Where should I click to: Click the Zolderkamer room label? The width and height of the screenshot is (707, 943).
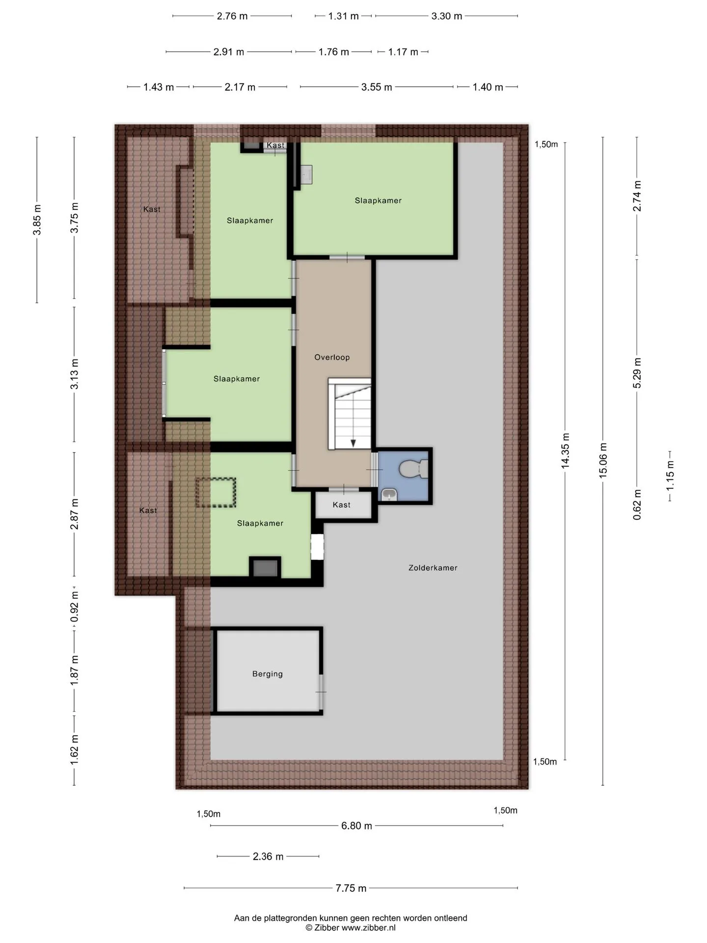click(x=433, y=568)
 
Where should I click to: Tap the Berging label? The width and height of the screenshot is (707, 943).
click(x=268, y=674)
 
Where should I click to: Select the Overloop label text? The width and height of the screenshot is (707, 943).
click(x=332, y=358)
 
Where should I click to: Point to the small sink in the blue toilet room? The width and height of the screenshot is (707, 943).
click(x=389, y=495)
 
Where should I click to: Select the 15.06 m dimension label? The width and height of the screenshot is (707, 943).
click(x=603, y=460)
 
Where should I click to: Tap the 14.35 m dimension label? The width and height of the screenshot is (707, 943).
click(x=565, y=450)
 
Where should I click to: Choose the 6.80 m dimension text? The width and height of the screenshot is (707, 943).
click(x=356, y=826)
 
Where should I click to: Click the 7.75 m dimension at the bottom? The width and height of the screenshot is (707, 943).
click(x=351, y=888)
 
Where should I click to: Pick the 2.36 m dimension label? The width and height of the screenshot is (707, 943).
click(x=268, y=857)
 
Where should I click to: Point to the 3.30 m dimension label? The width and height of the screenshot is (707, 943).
click(x=447, y=16)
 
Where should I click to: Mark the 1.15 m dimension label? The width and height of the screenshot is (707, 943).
click(x=670, y=475)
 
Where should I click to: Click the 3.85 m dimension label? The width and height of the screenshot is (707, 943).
click(x=37, y=220)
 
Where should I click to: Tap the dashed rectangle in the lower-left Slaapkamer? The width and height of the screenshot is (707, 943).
click(x=216, y=493)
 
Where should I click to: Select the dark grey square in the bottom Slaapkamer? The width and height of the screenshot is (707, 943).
click(x=265, y=568)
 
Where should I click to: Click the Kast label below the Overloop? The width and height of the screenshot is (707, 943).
click(x=341, y=505)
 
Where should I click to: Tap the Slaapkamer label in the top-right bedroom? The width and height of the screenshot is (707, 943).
click(x=378, y=200)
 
